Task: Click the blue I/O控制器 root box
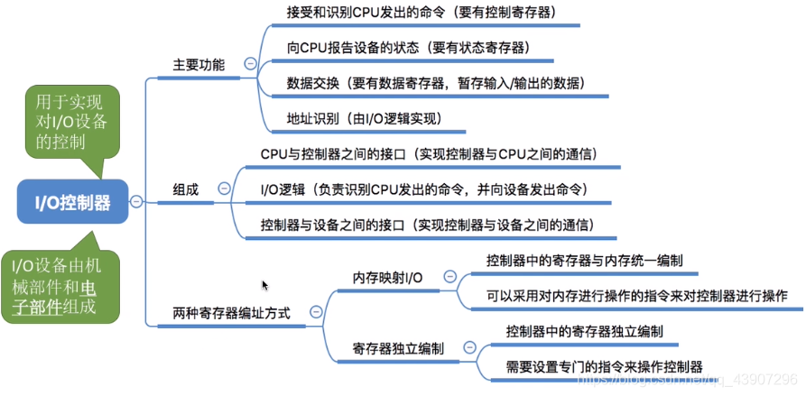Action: tap(72, 202)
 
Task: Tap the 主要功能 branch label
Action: tap(199, 65)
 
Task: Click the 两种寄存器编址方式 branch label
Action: tap(231, 313)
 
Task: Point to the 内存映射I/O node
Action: tap(386, 278)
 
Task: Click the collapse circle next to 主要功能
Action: tap(249, 64)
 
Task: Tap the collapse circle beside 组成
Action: tap(223, 189)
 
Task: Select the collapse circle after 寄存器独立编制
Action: tap(467, 347)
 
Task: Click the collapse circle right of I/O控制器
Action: tap(135, 202)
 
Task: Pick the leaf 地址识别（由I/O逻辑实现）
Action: tap(363, 117)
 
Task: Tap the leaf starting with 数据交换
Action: tap(435, 82)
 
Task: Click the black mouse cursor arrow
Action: tap(264, 285)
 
